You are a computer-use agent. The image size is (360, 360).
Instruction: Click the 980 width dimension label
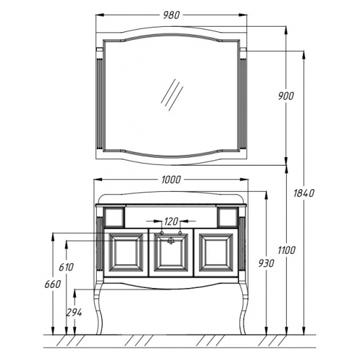point(171,15)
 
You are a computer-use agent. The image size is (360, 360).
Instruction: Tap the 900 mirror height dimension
point(286,96)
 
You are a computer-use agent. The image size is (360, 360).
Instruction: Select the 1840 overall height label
point(304,193)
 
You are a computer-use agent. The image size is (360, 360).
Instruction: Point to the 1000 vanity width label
point(171,180)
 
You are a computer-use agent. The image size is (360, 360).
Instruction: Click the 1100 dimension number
point(287,250)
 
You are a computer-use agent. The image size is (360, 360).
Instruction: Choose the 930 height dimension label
point(266,263)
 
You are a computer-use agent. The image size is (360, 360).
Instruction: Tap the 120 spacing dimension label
point(171,221)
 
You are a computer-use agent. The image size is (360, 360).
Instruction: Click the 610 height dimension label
point(66,267)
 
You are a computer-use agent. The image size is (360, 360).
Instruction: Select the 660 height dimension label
point(52,284)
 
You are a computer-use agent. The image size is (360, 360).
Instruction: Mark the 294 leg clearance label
point(74,312)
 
